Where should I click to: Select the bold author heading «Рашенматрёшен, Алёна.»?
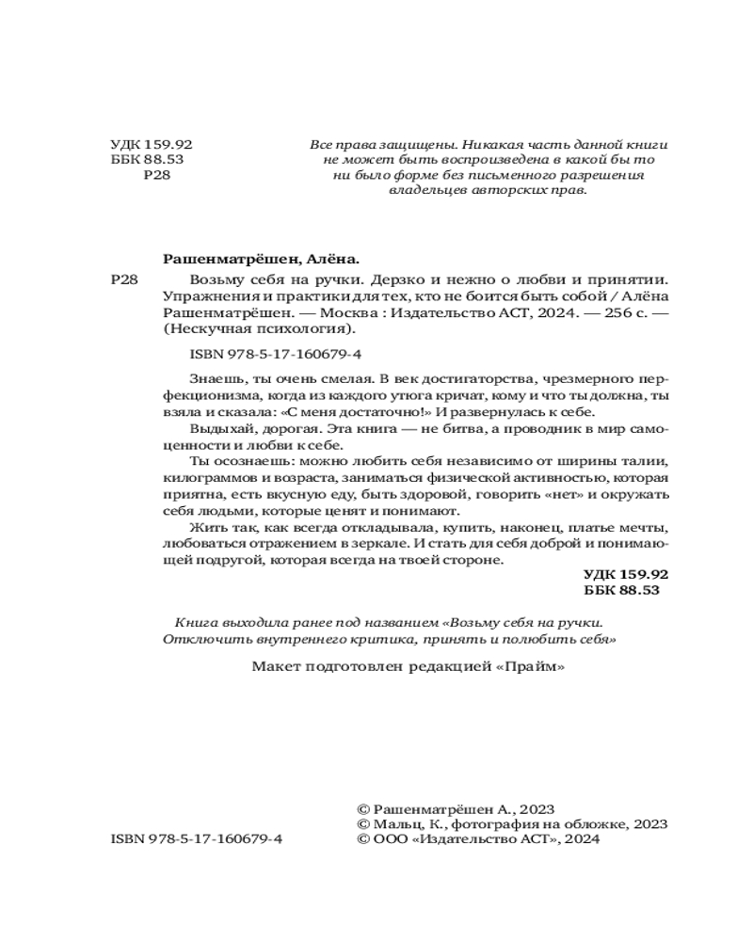click(262, 257)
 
